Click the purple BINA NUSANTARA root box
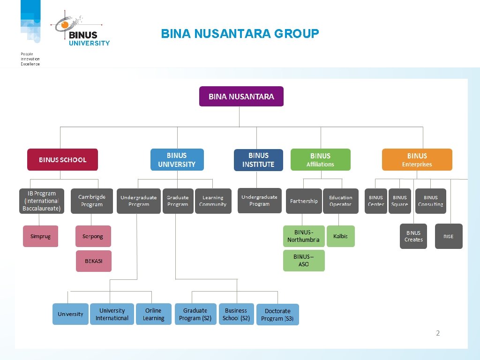tap(241, 97)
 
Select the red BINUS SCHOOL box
tap(62, 160)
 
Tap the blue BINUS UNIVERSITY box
tap(177, 160)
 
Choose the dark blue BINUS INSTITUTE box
tap(258, 160)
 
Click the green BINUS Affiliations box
tap(320, 160)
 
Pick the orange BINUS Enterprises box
tap(417, 160)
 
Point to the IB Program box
tap(42, 201)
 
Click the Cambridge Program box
tap(92, 201)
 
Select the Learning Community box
tap(213, 201)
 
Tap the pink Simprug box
tap(41, 236)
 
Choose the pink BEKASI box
tap(94, 261)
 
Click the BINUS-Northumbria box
tap(303, 236)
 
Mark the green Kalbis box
tap(340, 236)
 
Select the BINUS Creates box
tap(413, 236)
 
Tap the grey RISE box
tap(449, 236)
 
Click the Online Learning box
tap(153, 315)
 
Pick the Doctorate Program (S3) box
tap(277, 315)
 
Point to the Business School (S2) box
tap(236, 315)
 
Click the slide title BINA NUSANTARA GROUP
tap(240, 34)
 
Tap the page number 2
tap(438, 333)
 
